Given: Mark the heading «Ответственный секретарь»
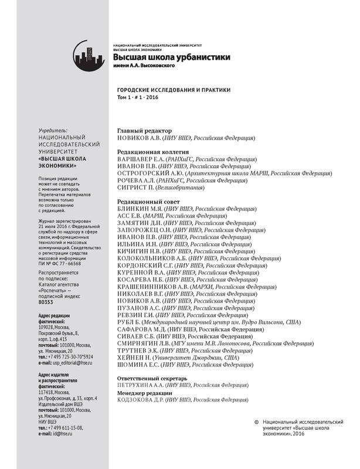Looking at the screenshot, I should coord(152,378).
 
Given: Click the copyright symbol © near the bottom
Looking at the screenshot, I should coord(256,422).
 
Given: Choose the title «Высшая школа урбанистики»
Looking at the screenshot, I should coord(172,57).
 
